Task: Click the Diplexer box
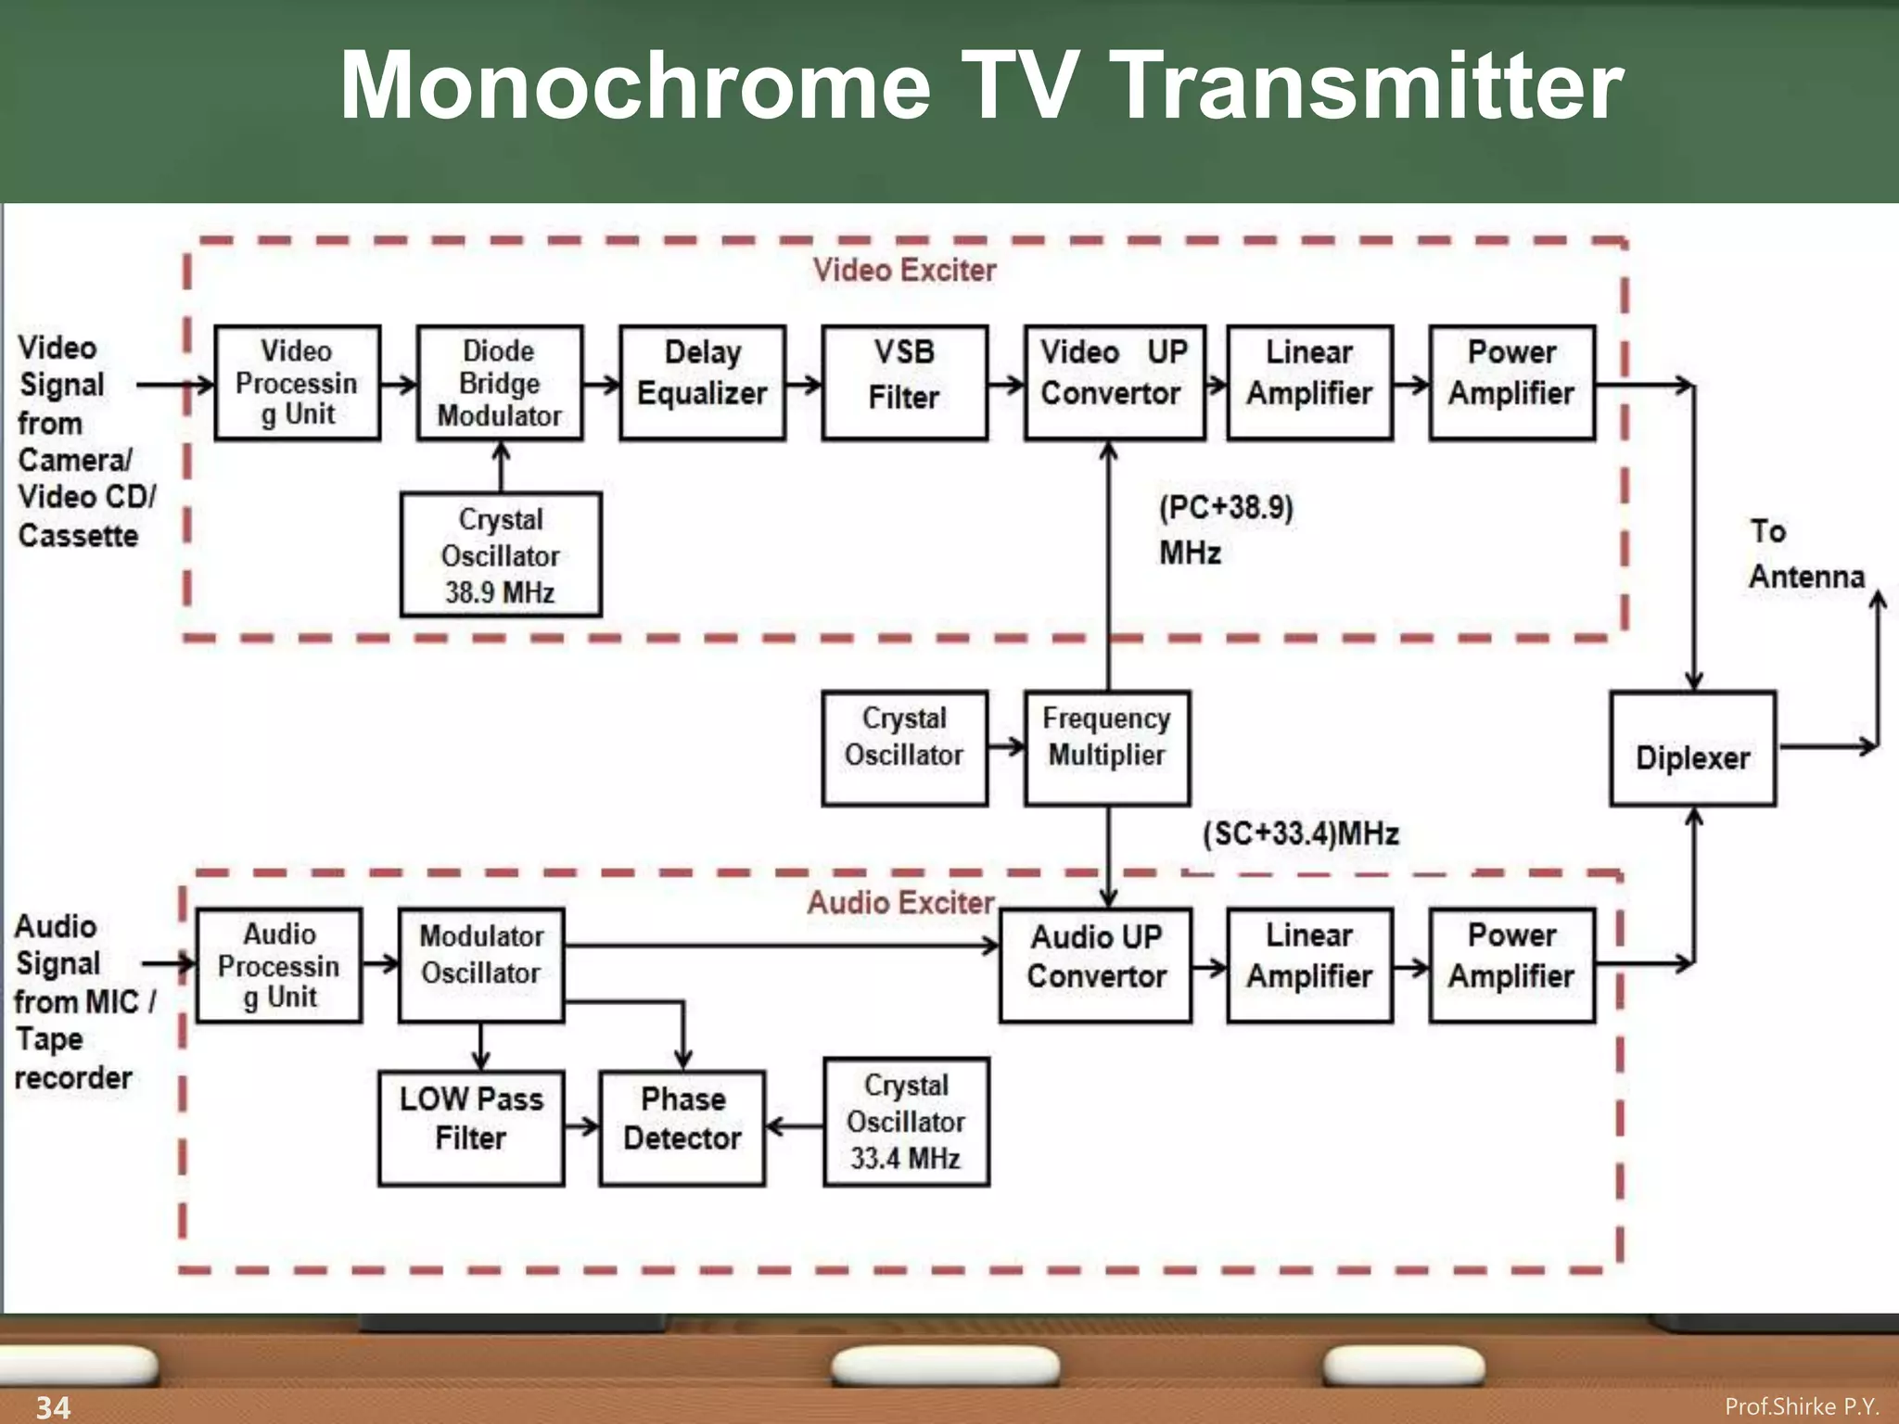(1692, 749)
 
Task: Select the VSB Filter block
(904, 382)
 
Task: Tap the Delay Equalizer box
(702, 382)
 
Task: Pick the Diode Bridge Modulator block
(499, 382)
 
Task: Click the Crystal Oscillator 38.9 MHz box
(500, 554)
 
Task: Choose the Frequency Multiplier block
(1106, 747)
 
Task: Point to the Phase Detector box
(682, 1127)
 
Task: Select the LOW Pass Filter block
(471, 1127)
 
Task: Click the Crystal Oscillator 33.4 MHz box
(906, 1122)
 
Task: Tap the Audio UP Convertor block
(1096, 964)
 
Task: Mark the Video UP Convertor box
(1114, 382)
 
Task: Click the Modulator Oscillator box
(480, 964)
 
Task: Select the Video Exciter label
(904, 271)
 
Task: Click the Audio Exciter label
(899, 902)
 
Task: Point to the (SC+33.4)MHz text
(1300, 833)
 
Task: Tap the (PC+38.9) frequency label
(1225, 509)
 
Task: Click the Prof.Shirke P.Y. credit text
(1801, 1406)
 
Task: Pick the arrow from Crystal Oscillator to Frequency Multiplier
(1006, 746)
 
